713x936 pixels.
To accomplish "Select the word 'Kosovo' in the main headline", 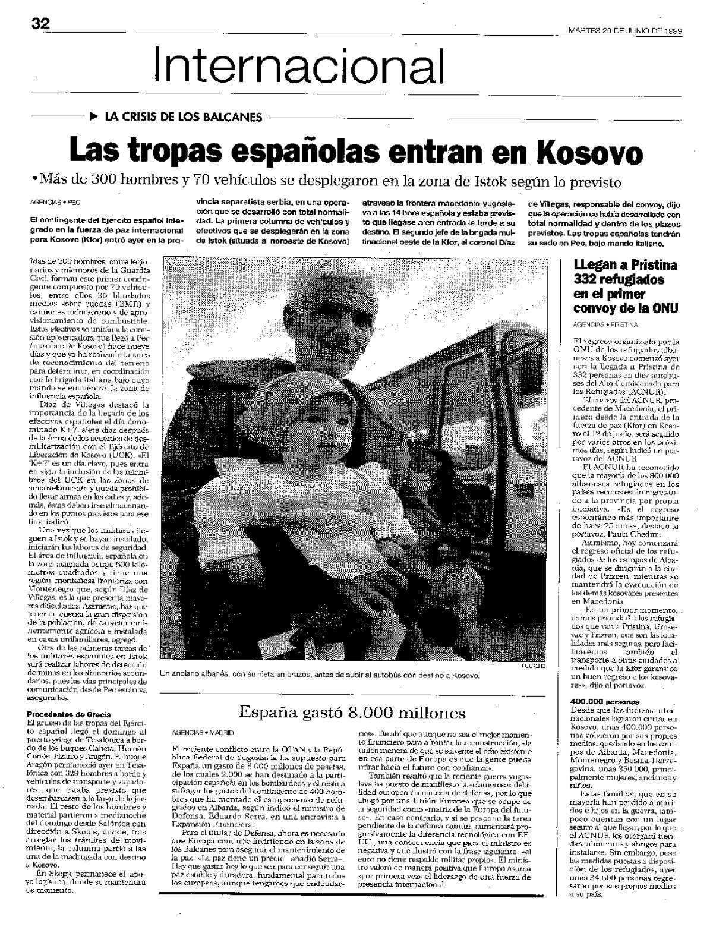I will (589, 153).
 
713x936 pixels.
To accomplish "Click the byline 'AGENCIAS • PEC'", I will (55, 201).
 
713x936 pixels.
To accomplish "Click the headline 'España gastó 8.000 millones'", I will (352, 712).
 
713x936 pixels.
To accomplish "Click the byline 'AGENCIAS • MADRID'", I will (203, 732).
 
